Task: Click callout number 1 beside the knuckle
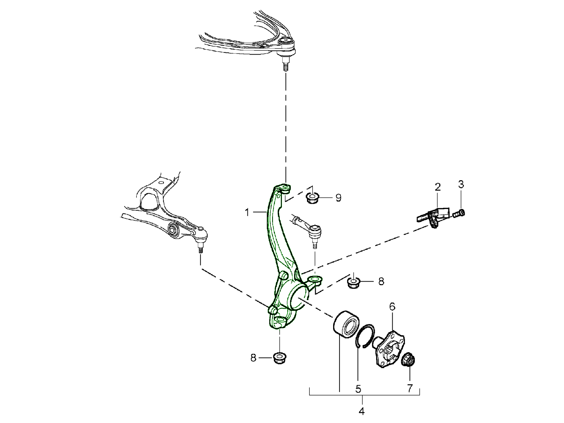pyautogui.click(x=247, y=212)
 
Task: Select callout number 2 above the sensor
pyautogui.click(x=437, y=187)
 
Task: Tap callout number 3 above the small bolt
pyautogui.click(x=461, y=184)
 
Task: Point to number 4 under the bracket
pyautogui.click(x=361, y=411)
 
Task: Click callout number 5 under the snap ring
pyautogui.click(x=358, y=389)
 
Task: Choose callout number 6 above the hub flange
pyautogui.click(x=392, y=307)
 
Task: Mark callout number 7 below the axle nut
pyautogui.click(x=410, y=388)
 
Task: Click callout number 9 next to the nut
pyautogui.click(x=338, y=198)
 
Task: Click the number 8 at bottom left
pyautogui.click(x=253, y=358)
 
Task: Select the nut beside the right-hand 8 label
pyautogui.click(x=353, y=282)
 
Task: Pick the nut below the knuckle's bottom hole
pyautogui.click(x=280, y=358)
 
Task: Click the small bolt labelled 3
pyautogui.click(x=459, y=213)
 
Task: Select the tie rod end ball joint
pyautogui.click(x=314, y=231)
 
